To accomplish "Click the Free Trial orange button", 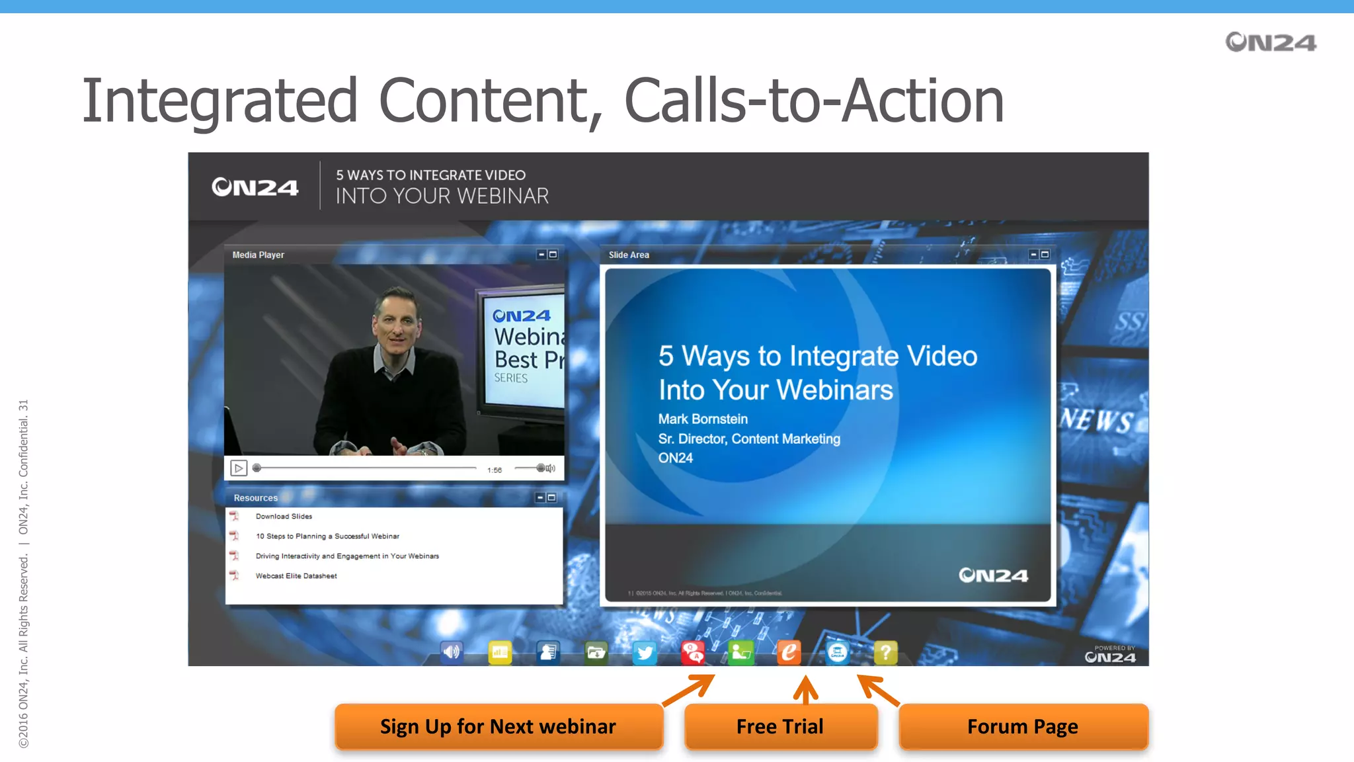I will coord(780,726).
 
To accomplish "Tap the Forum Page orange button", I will coord(1023,726).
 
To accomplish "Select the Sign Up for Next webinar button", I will coord(498,726).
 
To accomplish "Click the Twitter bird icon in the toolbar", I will coord(644,653).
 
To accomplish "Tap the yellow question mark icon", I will coord(885,653).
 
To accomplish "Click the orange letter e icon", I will coord(789,653).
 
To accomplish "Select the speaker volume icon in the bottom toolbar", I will coord(452,653).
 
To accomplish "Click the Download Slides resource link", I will coord(284,517).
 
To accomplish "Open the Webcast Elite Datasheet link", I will coord(296,576).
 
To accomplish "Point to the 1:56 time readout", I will coord(495,470).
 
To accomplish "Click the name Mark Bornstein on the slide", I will coord(703,419).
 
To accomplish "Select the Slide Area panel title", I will coord(629,255).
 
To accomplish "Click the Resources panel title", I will coord(255,498).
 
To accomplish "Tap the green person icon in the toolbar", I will coord(740,653).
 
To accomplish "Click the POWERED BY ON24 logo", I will coord(1110,655).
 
